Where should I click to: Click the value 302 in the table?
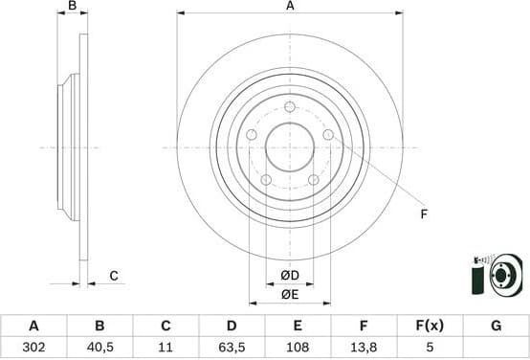pyautogui.click(x=34, y=348)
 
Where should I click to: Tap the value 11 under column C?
pyautogui.click(x=166, y=348)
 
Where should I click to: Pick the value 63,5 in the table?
pyautogui.click(x=232, y=348)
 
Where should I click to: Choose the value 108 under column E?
pyautogui.click(x=298, y=348)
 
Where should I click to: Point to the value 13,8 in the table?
pyautogui.click(x=364, y=348)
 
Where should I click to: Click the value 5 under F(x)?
pyautogui.click(x=430, y=348)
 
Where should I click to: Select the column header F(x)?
pyautogui.click(x=430, y=326)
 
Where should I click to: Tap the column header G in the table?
pyautogui.click(x=496, y=326)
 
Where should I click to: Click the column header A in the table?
pyautogui.click(x=34, y=326)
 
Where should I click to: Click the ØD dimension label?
pyautogui.click(x=290, y=277)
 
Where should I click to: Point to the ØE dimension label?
pyautogui.click(x=290, y=295)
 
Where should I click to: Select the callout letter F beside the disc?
pyautogui.click(x=424, y=214)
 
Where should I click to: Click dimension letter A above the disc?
pyautogui.click(x=290, y=7)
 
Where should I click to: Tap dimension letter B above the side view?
pyautogui.click(x=73, y=7)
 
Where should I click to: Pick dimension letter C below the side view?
pyautogui.click(x=113, y=276)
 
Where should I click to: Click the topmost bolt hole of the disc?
pyautogui.click(x=290, y=106)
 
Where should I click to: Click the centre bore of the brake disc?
pyautogui.click(x=290, y=147)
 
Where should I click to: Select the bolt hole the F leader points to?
pyautogui.click(x=328, y=135)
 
